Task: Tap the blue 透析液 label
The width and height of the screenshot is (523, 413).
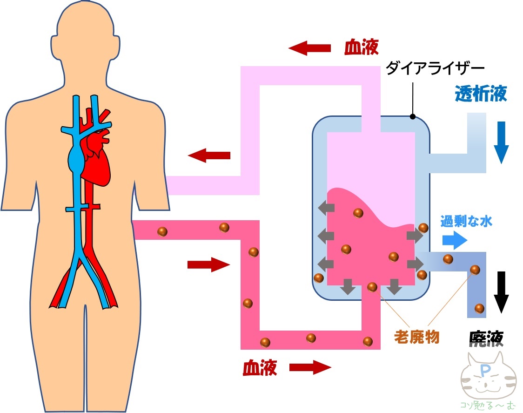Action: coord(480,95)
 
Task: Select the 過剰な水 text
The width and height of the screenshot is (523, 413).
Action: coord(466,222)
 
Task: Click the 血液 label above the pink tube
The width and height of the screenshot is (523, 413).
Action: coord(361,47)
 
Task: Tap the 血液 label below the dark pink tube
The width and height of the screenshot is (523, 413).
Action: coord(260,368)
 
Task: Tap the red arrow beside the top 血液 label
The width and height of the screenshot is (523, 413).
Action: coord(309,47)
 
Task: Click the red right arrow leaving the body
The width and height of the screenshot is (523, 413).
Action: coord(208,265)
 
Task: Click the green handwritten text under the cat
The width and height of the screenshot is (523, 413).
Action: coord(487,405)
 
